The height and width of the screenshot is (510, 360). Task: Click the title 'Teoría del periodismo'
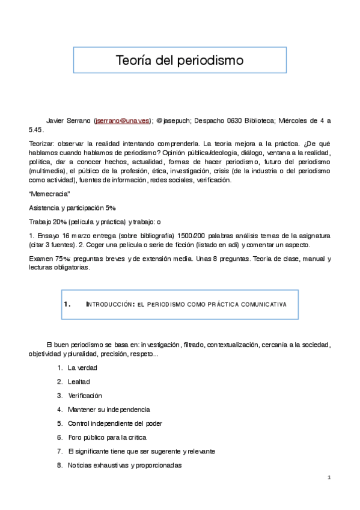(x=179, y=61)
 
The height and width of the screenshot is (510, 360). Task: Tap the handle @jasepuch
(x=174, y=120)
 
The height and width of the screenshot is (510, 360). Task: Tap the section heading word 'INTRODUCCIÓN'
(x=111, y=305)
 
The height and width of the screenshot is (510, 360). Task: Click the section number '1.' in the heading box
(x=67, y=305)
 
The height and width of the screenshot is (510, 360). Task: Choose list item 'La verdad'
(x=82, y=367)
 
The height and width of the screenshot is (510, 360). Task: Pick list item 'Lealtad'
(x=79, y=381)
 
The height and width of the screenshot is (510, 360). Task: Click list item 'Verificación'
(x=85, y=395)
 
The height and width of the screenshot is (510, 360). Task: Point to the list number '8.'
(x=59, y=465)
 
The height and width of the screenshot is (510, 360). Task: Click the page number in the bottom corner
(x=329, y=478)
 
